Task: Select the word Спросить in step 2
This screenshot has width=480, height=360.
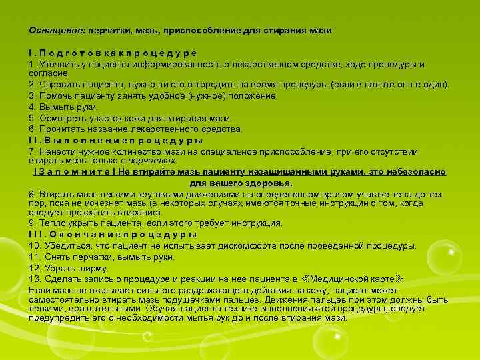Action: coord(59,85)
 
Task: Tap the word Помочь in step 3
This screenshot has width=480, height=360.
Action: coord(55,96)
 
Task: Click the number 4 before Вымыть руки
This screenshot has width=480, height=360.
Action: coord(31,107)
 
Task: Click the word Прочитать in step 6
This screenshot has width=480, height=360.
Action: coord(62,129)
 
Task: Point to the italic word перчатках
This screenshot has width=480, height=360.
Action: coord(157,161)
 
